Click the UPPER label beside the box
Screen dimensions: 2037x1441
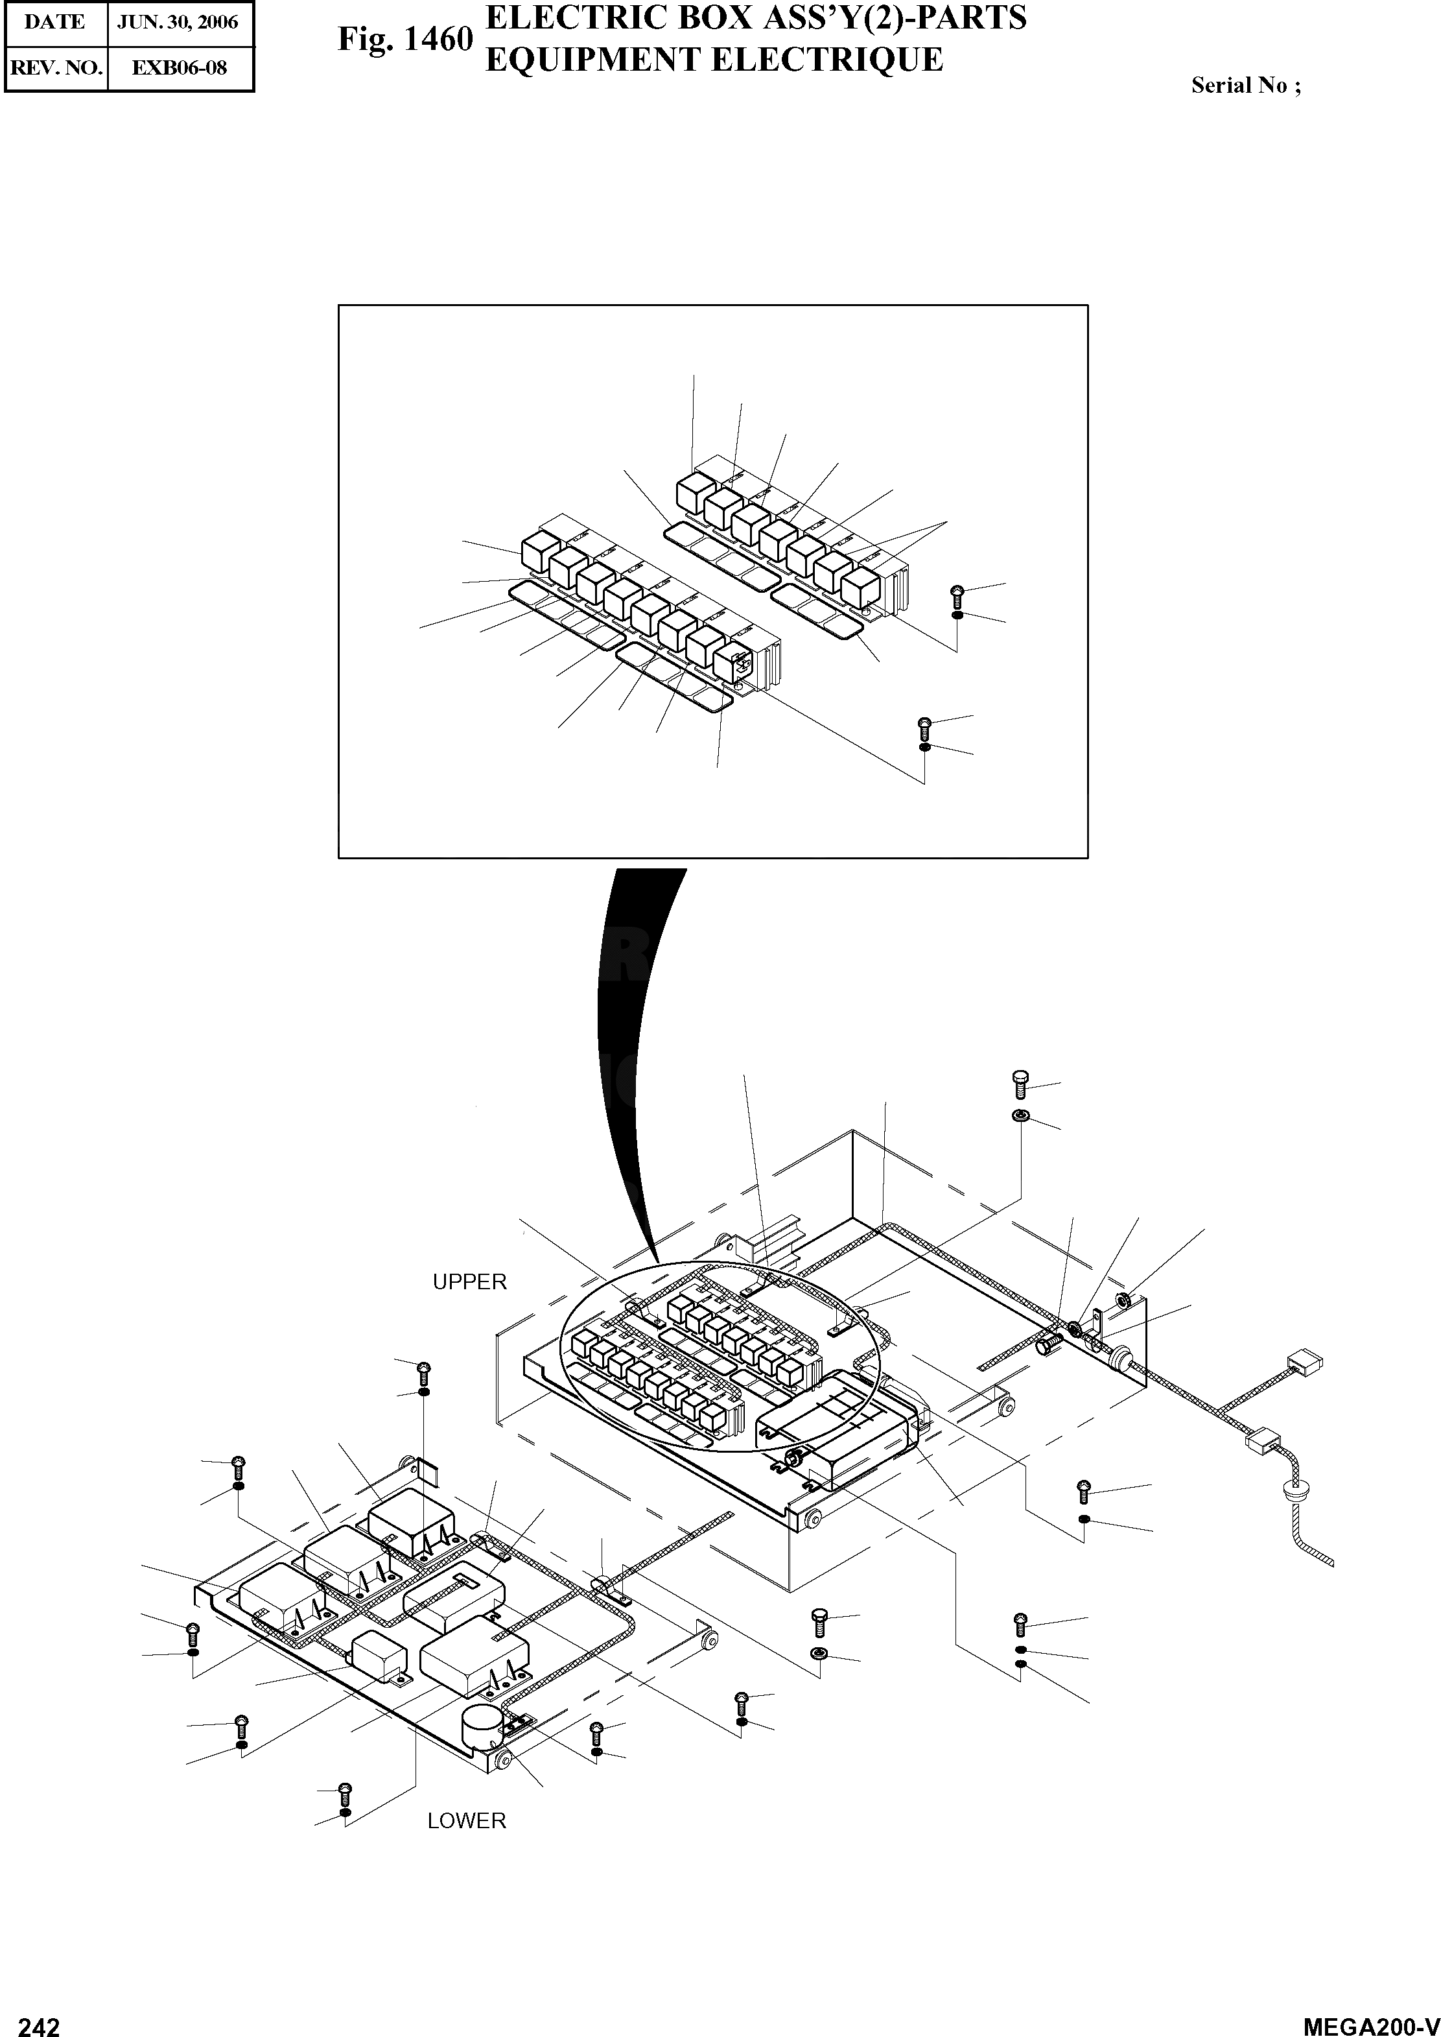469,1281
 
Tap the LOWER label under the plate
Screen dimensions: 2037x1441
467,1820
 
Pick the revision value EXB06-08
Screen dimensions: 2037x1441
180,67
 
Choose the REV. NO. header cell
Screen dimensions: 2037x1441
56,67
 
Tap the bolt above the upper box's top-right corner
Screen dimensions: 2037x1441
1020,1084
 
